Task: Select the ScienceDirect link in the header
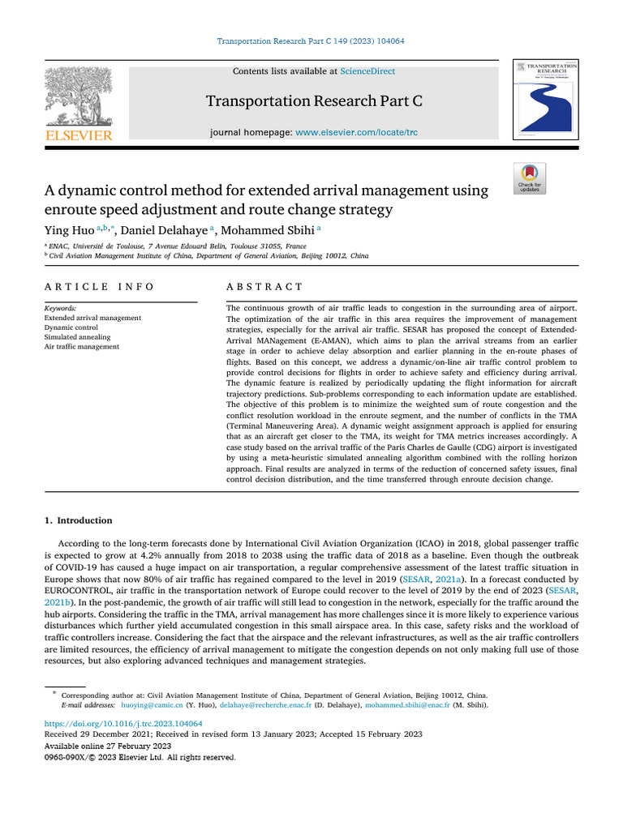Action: (x=367, y=71)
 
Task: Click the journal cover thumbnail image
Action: (x=544, y=98)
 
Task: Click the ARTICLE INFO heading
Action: (x=99, y=287)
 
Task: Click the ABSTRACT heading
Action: (x=264, y=287)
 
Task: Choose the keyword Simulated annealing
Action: (x=77, y=336)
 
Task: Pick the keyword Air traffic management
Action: (x=81, y=346)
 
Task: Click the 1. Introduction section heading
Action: (x=78, y=520)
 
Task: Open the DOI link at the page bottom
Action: (x=122, y=723)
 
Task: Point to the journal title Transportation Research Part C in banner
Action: (x=314, y=101)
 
